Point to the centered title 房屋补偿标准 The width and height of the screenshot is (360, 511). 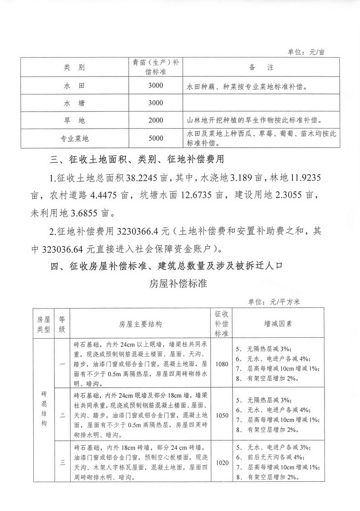pyautogui.click(x=180, y=285)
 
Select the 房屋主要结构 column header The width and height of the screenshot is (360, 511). pyautogui.click(x=140, y=323)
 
